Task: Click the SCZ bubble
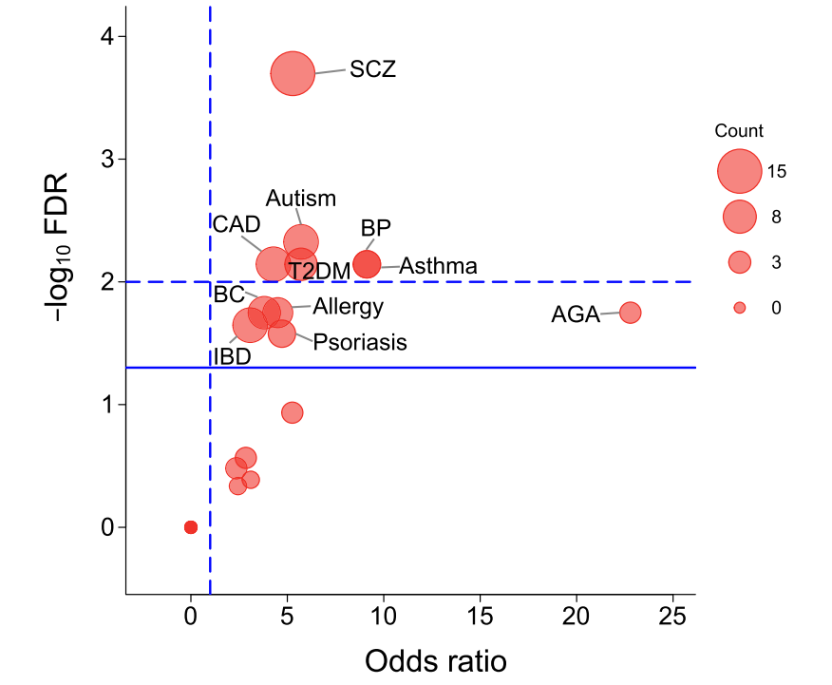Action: point(293,74)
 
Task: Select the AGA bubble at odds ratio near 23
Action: point(630,312)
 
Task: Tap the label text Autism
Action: point(301,199)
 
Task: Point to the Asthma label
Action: point(438,266)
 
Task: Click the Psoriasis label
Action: point(360,342)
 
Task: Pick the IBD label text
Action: point(232,357)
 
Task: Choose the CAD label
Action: point(236,224)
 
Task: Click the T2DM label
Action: point(320,272)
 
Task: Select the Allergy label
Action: point(349,307)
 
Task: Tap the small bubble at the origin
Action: point(191,526)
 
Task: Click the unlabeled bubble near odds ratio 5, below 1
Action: point(293,412)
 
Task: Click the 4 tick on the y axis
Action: point(108,37)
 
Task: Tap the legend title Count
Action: point(739,131)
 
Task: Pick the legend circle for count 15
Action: point(740,172)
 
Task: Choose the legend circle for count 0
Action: point(740,308)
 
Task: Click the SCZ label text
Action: point(372,69)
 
